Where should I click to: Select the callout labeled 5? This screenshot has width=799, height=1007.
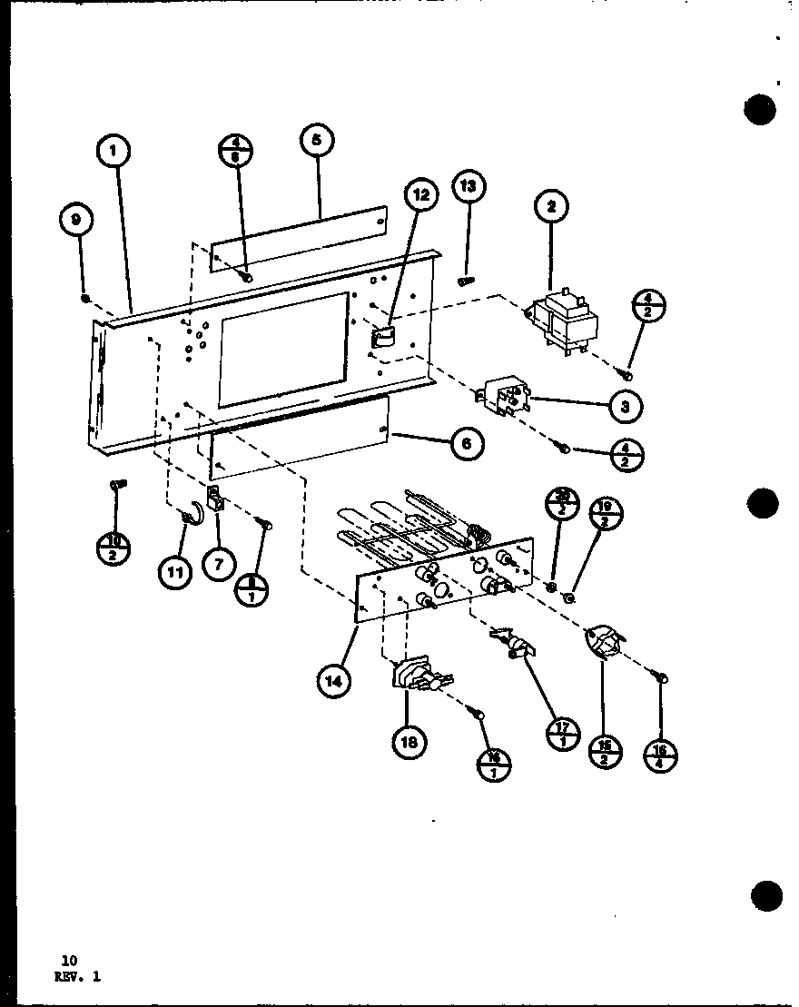pyautogui.click(x=316, y=142)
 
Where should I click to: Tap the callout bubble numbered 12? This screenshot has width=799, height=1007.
pyautogui.click(x=419, y=194)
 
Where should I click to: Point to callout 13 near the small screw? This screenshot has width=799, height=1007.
pyautogui.click(x=468, y=188)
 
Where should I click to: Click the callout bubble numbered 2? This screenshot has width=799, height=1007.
pyautogui.click(x=550, y=206)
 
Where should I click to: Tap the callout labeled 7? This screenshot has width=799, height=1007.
pyautogui.click(x=218, y=565)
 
